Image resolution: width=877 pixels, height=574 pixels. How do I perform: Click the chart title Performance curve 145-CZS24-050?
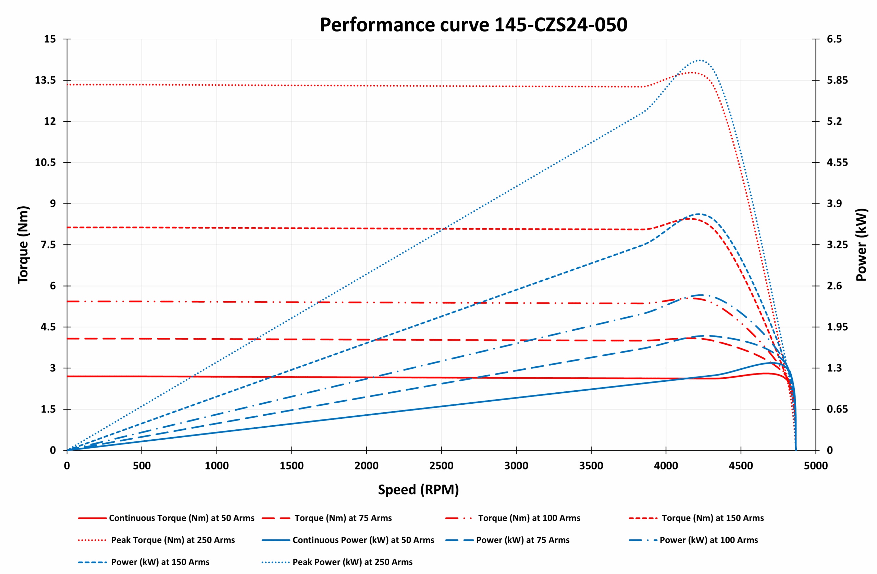point(473,25)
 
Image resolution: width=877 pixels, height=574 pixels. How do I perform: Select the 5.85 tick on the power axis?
point(837,81)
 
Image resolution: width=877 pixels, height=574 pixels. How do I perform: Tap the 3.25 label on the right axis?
point(837,245)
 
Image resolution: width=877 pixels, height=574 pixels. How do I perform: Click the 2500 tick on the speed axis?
point(441,466)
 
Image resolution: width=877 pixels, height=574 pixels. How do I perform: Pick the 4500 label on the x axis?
point(741,466)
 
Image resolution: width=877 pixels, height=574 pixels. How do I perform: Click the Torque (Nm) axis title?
point(23,245)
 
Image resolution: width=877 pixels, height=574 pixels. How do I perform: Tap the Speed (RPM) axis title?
point(418,490)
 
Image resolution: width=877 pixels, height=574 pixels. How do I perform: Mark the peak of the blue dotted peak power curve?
point(699,60)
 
